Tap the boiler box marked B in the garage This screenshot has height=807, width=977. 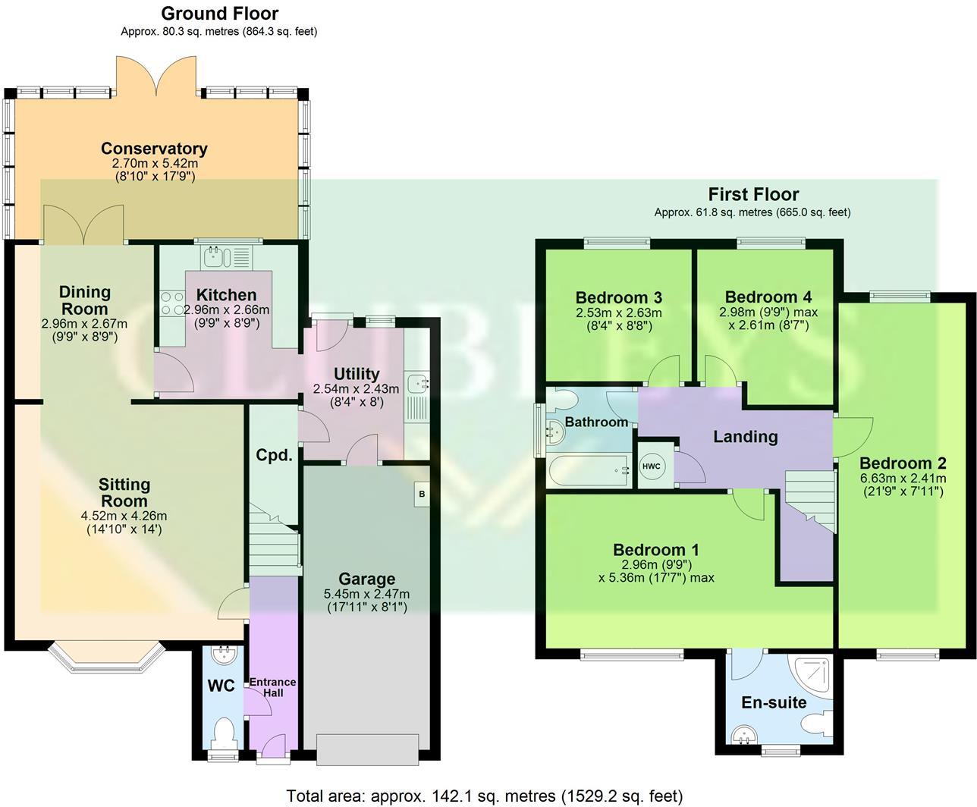click(x=421, y=495)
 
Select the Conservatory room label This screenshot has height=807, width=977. click(x=154, y=149)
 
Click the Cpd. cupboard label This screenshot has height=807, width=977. click(x=274, y=455)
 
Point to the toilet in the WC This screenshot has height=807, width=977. click(x=224, y=733)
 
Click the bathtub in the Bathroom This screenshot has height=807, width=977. click(x=589, y=471)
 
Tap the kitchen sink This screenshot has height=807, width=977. click(x=217, y=256)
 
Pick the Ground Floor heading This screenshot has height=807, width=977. click(x=220, y=14)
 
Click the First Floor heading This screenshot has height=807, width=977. click(x=753, y=194)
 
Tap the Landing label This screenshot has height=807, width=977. click(x=746, y=436)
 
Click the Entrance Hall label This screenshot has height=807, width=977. click(x=273, y=687)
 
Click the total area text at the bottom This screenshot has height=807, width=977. click(x=485, y=796)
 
